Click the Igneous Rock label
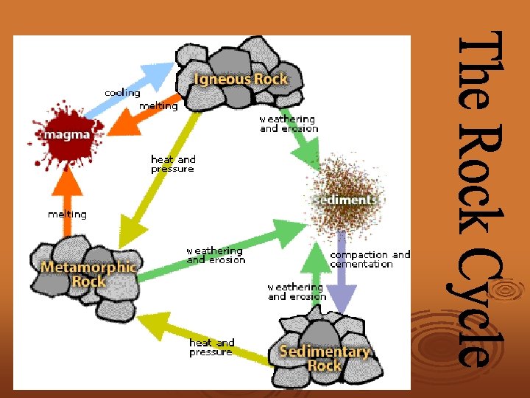(x=240, y=78)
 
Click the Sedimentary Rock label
(x=324, y=358)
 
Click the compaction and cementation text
(x=370, y=259)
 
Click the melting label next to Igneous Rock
(x=158, y=106)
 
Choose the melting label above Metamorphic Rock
(x=67, y=214)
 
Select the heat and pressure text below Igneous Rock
(x=173, y=164)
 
